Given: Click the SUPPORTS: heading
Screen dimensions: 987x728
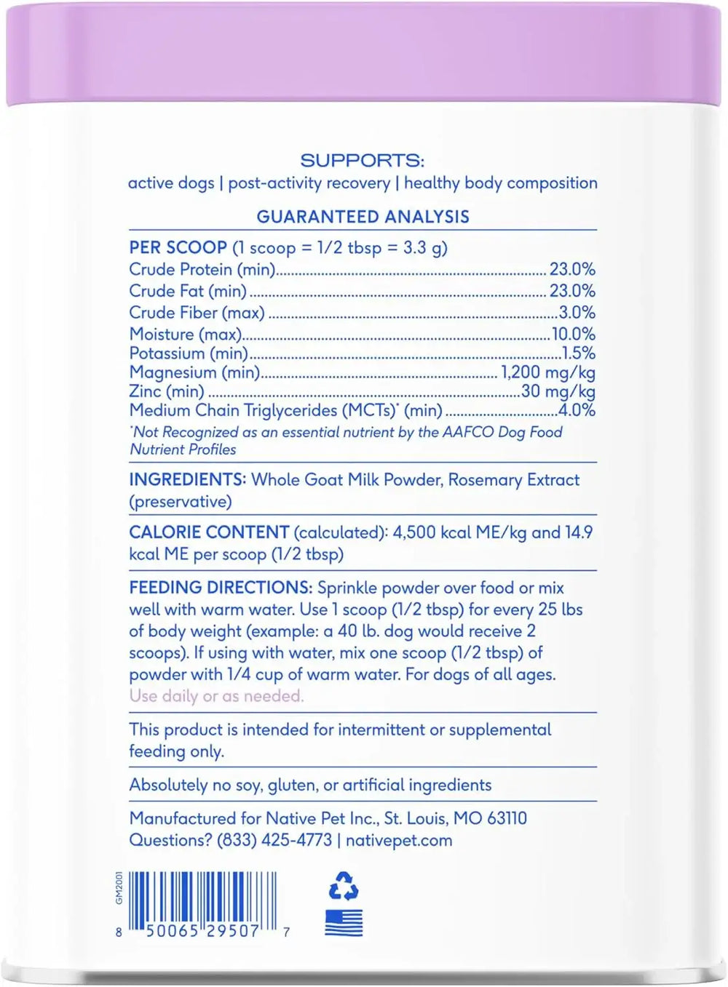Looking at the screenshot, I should [x=362, y=161].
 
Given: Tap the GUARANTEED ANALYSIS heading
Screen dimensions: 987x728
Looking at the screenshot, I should [x=363, y=217].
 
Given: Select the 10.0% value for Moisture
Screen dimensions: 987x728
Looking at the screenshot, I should [x=573, y=334].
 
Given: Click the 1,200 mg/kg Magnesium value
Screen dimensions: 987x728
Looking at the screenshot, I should [x=548, y=372].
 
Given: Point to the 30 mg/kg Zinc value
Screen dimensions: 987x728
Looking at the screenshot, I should [x=558, y=391].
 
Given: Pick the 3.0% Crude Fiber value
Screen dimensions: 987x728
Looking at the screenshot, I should [x=577, y=313].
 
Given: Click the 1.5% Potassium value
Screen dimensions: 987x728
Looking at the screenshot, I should [x=578, y=353].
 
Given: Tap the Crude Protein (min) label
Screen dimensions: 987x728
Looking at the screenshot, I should [x=202, y=270].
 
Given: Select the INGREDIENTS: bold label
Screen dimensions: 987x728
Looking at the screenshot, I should [x=187, y=480].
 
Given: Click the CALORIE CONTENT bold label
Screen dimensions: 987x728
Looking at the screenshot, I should [x=209, y=532].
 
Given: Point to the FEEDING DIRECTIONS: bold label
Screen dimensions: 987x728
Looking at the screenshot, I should [x=221, y=588].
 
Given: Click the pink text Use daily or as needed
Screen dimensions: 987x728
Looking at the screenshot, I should [x=216, y=696].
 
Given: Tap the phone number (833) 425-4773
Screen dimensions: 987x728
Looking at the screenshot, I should [x=274, y=840].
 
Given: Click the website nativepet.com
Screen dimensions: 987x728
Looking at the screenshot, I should [x=399, y=840].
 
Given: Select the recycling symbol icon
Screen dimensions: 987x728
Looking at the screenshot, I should [x=344, y=886].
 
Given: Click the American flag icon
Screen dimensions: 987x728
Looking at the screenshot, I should [x=344, y=922].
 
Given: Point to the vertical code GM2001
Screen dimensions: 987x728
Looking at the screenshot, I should [x=119, y=887].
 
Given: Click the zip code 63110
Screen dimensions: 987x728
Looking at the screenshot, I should [x=507, y=818].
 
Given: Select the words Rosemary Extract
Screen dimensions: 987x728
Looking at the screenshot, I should [x=514, y=480].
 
